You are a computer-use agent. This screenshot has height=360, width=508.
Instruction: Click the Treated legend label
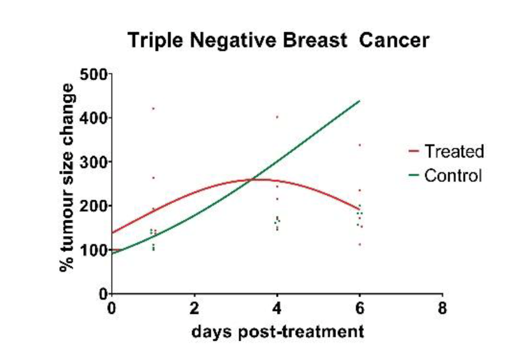click(454, 151)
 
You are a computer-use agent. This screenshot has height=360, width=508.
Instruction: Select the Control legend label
click(453, 175)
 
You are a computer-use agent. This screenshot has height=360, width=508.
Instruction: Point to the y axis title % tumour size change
click(67, 178)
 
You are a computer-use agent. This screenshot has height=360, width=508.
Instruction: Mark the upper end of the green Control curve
click(359, 101)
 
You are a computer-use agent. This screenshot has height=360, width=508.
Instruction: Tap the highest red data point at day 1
click(154, 108)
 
